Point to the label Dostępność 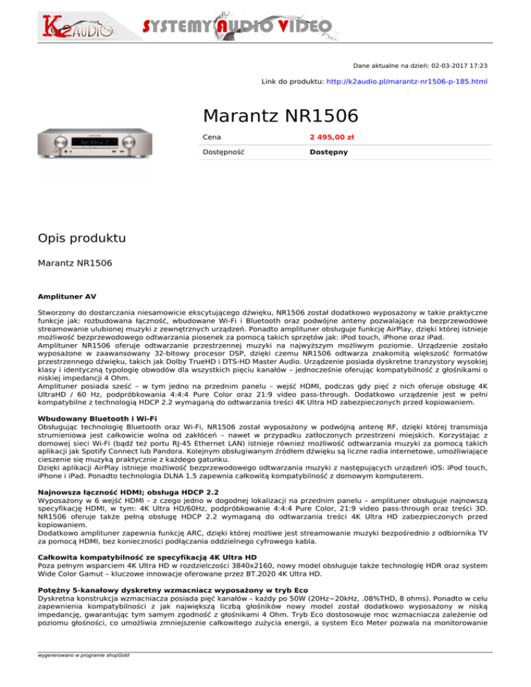pyautogui.click(x=223, y=151)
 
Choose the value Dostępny pyautogui.click(x=328, y=151)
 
